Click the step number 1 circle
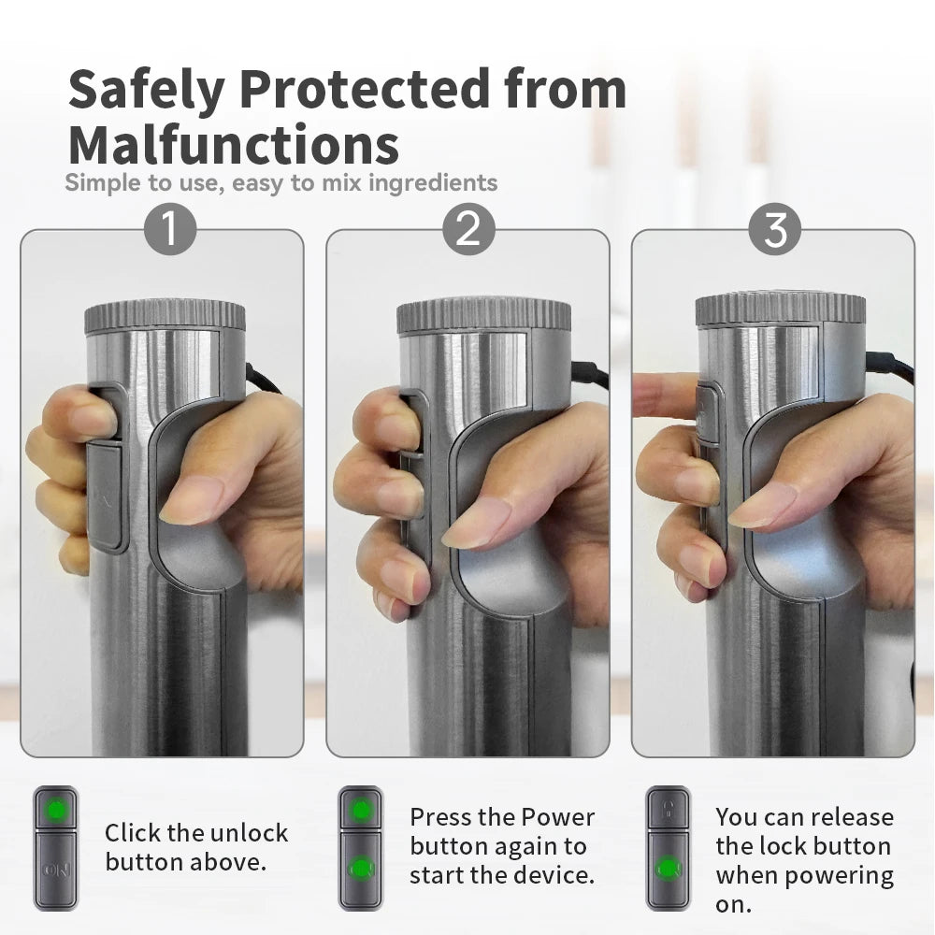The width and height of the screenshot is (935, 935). click(170, 229)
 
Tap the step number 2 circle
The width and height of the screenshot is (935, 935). click(468, 229)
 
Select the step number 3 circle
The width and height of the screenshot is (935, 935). click(774, 229)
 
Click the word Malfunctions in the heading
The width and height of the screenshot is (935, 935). click(233, 145)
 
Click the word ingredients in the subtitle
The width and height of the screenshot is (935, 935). click(433, 182)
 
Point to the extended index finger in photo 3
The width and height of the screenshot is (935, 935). click(666, 396)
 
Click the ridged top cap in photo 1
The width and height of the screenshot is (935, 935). click(165, 317)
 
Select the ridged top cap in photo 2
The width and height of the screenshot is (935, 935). click(483, 315)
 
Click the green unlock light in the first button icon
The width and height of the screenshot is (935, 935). click(56, 810)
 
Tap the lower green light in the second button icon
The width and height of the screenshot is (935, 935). click(361, 868)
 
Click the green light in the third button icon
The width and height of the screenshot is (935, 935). click(669, 868)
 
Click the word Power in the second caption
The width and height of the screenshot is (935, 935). click(557, 817)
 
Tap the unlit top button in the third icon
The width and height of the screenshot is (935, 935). click(669, 809)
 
